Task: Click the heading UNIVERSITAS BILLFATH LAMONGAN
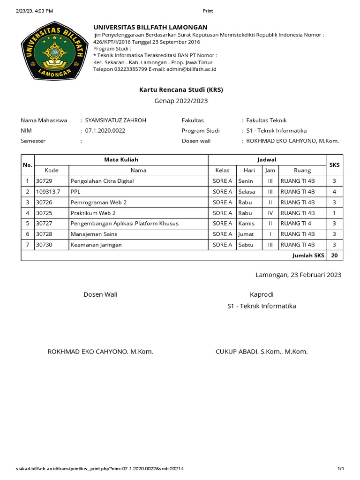[150, 27]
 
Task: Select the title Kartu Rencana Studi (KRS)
[181, 89]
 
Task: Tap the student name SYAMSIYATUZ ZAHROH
[115, 120]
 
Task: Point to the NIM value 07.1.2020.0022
[105, 131]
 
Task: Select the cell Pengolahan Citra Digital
[102, 181]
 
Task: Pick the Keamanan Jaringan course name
[96, 245]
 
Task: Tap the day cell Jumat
[246, 234]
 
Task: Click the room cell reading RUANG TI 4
[295, 224]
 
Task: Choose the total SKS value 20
[334, 255]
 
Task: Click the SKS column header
[334, 165]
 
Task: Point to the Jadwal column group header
[267, 160]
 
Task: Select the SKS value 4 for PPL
[334, 192]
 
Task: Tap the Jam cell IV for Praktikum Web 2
[270, 213]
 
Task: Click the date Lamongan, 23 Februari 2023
[298, 275]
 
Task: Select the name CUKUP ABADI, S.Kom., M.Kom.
[262, 352]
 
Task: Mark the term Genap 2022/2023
[181, 101]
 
